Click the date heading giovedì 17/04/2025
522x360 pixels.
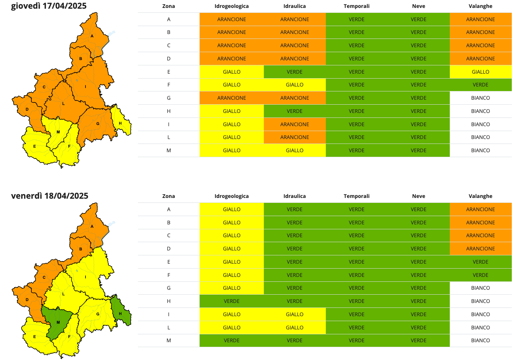[x=49, y=6]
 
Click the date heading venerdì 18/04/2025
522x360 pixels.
[x=50, y=196]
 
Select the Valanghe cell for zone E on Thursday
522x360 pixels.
[x=480, y=72]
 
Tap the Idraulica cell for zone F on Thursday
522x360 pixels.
[x=294, y=85]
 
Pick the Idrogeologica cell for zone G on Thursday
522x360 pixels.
[x=232, y=98]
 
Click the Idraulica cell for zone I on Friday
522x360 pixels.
[x=294, y=314]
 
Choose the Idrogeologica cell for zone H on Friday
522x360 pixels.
[x=232, y=301]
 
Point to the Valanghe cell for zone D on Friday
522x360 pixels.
[x=480, y=249]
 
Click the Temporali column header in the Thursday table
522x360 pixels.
[x=356, y=6]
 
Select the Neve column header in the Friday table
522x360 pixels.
[x=418, y=196]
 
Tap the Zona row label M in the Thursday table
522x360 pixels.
[x=169, y=150]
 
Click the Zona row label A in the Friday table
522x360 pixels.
[x=169, y=209]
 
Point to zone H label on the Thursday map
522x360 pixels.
[x=120, y=123]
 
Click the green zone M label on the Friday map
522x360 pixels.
[x=58, y=322]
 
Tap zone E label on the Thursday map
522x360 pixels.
[x=34, y=146]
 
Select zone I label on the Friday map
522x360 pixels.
[x=85, y=277]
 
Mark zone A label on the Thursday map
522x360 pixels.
[x=92, y=36]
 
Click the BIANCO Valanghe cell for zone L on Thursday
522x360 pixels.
[x=480, y=137]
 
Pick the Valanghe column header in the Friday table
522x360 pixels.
[x=480, y=196]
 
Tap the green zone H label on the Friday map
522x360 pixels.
[x=120, y=314]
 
